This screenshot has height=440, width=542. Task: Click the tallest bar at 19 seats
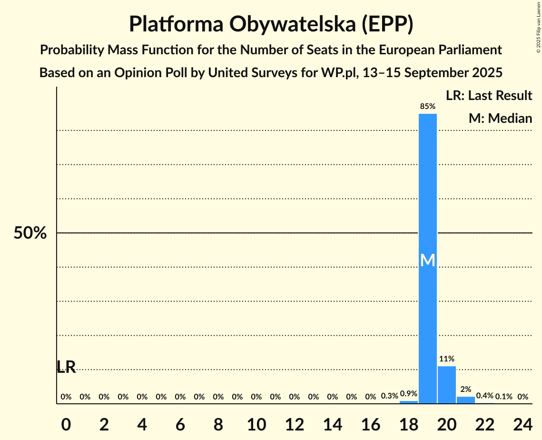427,190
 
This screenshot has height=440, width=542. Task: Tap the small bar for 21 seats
465,400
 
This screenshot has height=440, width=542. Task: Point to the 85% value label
427,107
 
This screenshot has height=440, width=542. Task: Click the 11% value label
446,359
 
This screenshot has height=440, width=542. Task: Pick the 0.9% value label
408,394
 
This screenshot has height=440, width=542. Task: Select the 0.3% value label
389,396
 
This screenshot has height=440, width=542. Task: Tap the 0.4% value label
484,396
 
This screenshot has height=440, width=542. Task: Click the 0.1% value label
503,396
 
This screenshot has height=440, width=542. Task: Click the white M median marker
427,260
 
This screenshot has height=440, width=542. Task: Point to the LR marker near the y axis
66,367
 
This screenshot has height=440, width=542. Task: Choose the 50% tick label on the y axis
30,233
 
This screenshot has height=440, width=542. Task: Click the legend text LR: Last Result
489,96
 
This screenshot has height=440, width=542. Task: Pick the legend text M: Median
500,118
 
